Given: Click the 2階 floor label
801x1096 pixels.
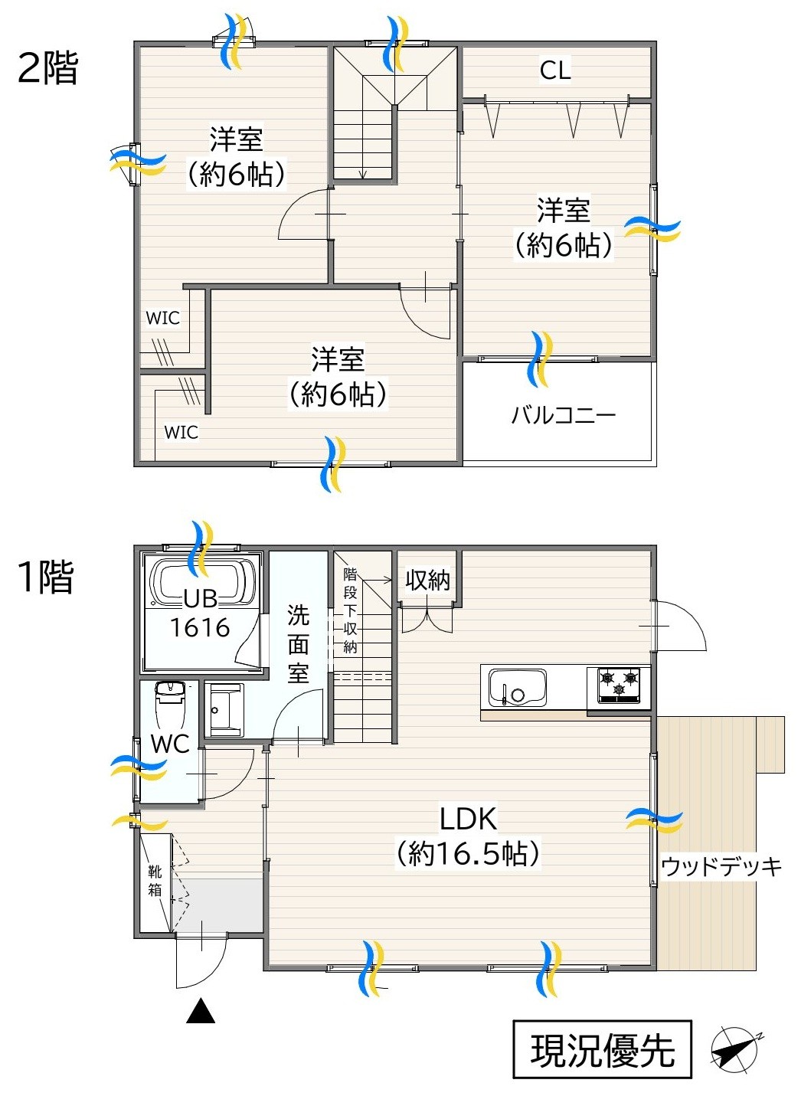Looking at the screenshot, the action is (47, 68).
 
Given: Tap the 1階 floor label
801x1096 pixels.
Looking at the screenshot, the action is (45, 577).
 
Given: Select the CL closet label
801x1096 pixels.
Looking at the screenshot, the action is (555, 70).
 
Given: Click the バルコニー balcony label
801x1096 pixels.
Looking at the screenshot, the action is (563, 415).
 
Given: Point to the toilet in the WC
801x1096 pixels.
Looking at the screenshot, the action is (170, 705).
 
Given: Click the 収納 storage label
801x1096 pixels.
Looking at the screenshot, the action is (427, 581).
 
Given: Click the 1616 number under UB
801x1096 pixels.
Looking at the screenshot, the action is (200, 628).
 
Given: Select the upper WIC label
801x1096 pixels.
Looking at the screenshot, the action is (163, 318).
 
